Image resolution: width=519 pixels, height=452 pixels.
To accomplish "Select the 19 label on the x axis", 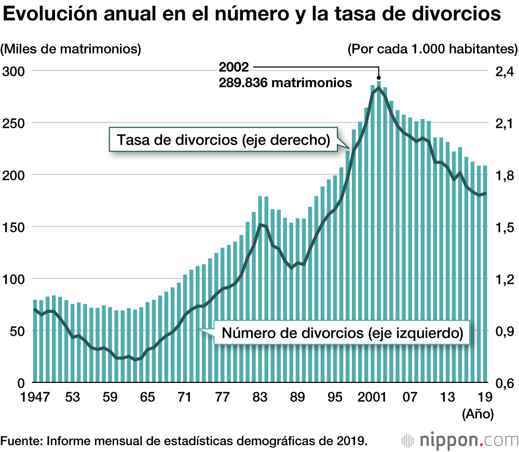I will (484, 398).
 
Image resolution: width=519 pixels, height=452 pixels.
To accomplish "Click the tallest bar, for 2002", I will (379, 234).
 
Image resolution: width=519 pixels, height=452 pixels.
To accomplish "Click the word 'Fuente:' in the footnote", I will (21, 441).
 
